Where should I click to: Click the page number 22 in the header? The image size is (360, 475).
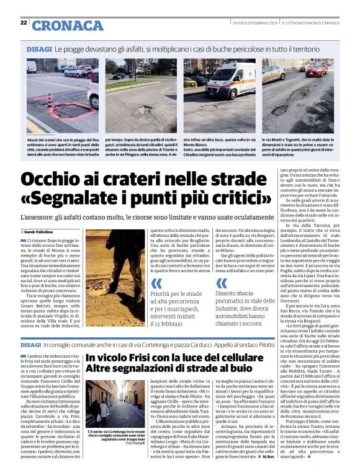tap(24, 22)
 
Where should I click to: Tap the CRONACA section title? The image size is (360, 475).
tap(67, 25)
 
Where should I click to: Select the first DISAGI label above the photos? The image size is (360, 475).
tap(38, 48)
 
